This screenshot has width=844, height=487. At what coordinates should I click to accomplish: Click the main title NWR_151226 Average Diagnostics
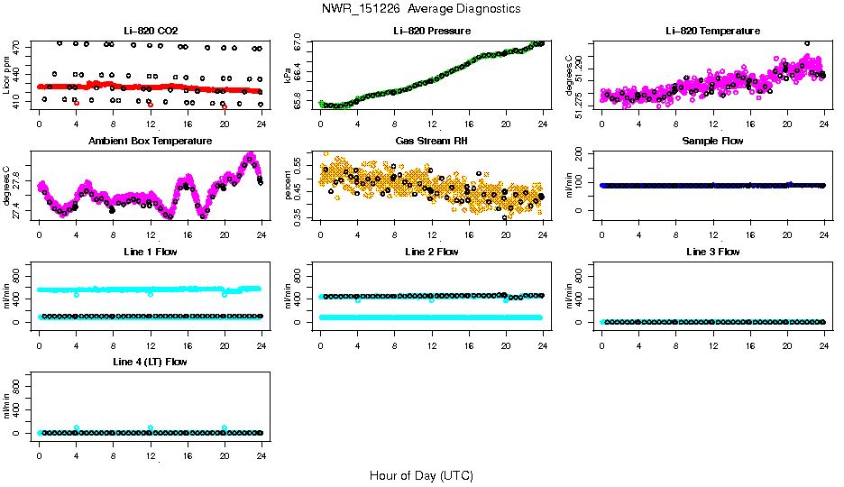pos(421,8)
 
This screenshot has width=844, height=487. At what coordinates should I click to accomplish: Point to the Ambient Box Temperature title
pos(151,141)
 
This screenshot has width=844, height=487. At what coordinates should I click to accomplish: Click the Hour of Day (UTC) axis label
pos(421,475)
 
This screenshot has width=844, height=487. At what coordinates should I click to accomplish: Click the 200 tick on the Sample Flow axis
pos(581,154)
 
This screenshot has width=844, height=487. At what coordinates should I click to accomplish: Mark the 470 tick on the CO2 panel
pos(18,44)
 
